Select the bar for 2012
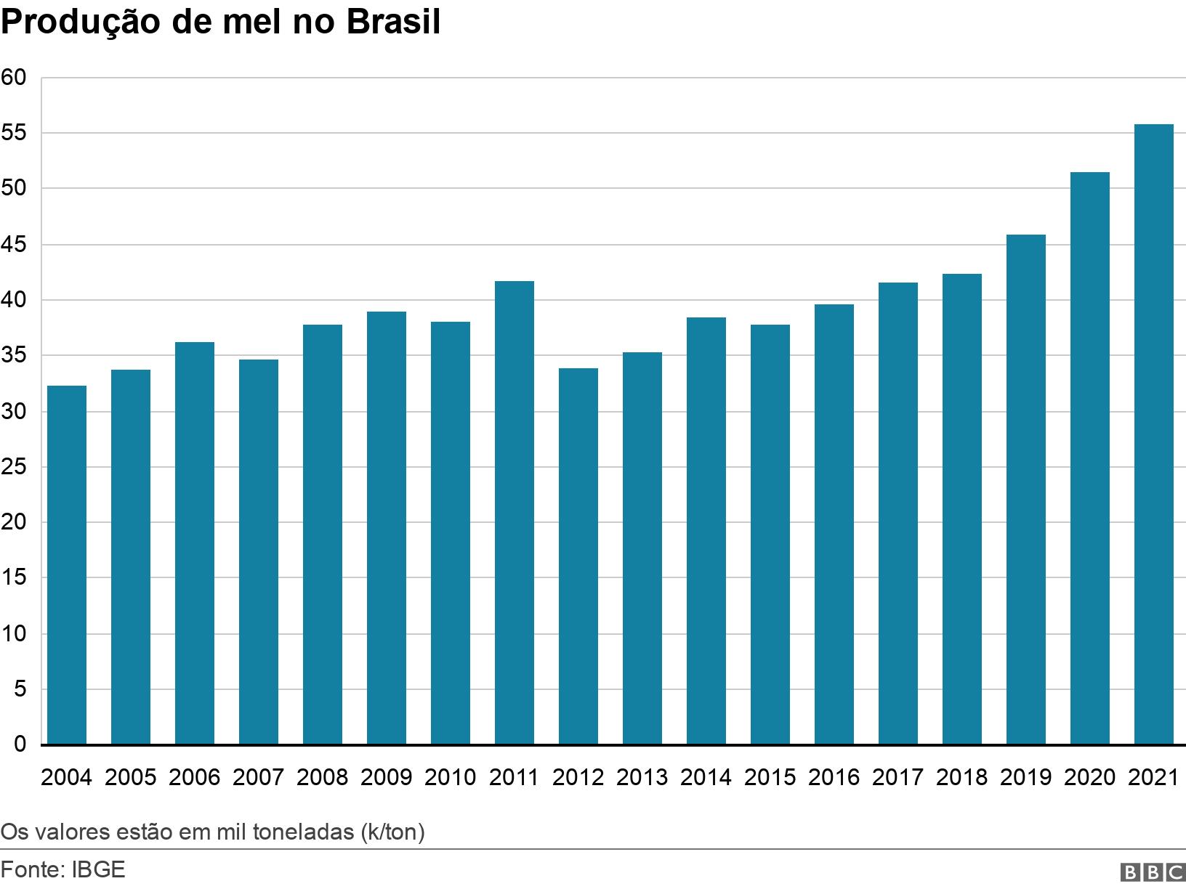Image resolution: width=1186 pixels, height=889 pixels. coord(578,556)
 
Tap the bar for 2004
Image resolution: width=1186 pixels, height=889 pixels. coord(67,565)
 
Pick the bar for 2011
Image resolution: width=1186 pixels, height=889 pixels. coord(515,513)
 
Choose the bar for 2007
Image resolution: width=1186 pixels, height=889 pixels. coord(259,552)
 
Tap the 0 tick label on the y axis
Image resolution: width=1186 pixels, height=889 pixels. coord(20,744)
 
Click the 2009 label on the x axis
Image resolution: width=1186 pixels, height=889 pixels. coord(387,777)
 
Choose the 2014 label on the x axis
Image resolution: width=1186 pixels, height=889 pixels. coord(706,777)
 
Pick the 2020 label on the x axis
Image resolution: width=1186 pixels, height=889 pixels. coord(1089,777)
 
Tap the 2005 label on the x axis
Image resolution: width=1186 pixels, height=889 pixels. coord(131,777)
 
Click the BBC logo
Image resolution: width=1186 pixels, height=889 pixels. coord(1153,872)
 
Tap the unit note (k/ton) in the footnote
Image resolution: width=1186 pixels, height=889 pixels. coord(392,832)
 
